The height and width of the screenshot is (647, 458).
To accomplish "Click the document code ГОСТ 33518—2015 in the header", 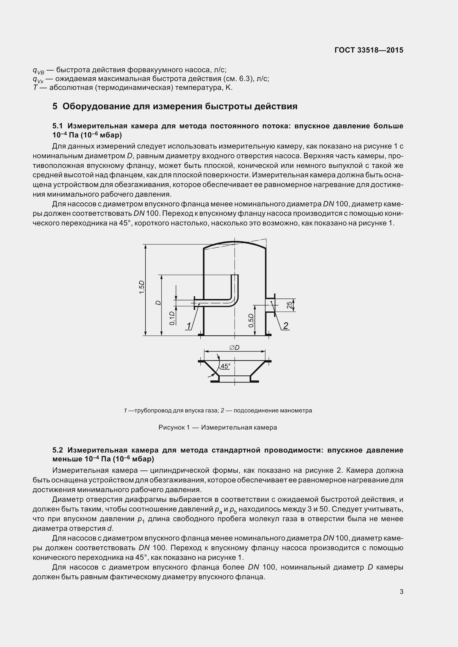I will pos(369,50).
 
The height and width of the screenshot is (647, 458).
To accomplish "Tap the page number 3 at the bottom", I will pos(401,592).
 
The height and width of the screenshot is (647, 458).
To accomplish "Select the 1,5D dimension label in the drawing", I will pos(142,287).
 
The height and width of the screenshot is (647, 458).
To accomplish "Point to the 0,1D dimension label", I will pos(172,318).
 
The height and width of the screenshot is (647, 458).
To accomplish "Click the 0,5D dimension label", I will pos(251,320).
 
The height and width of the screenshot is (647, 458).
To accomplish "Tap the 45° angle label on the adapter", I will pos(226,366).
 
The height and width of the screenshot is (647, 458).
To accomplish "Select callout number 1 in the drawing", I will pos(188,326).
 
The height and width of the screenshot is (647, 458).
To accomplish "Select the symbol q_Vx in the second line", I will pos(38,79).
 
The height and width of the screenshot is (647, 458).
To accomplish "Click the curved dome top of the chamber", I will pos(234,242).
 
